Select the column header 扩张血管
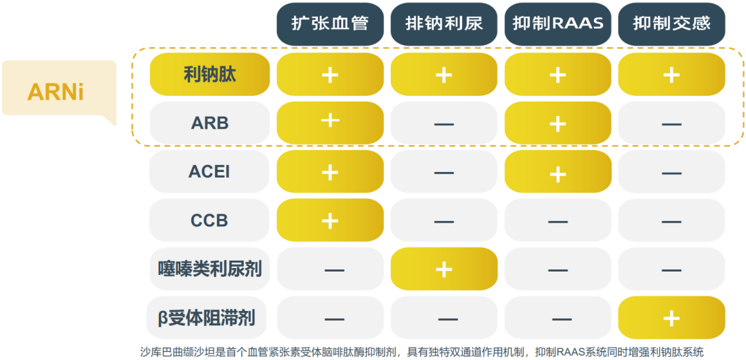point(330,23)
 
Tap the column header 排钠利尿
point(444,23)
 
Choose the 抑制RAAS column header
point(557,23)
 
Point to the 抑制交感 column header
point(671,23)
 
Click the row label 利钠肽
point(210,75)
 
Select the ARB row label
point(210,123)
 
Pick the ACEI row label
point(210,171)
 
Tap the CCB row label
point(210,220)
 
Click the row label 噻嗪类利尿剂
point(210,269)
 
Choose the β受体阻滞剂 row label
point(210,318)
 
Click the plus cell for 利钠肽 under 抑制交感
point(671,75)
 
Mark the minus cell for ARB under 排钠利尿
point(444,123)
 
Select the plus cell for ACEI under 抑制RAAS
point(557,171)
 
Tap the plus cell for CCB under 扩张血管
point(330,220)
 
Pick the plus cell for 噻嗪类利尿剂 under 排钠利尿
point(444,269)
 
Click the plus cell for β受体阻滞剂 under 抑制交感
point(671,318)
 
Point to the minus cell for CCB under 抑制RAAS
point(557,220)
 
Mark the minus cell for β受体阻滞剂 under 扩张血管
point(330,318)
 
